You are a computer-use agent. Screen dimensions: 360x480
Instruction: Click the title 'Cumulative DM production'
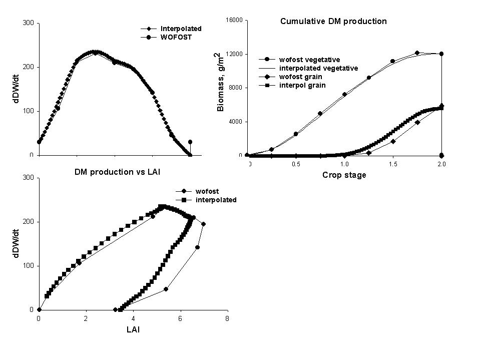click(x=333, y=22)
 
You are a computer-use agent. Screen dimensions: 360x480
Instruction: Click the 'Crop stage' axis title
click(x=344, y=175)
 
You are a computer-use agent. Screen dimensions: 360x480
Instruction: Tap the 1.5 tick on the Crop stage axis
click(x=392, y=164)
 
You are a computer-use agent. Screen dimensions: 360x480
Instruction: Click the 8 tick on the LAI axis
click(x=227, y=318)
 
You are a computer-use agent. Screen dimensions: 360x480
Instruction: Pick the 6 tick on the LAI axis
click(x=180, y=318)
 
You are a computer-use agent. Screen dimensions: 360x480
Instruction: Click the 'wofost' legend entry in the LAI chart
click(x=207, y=191)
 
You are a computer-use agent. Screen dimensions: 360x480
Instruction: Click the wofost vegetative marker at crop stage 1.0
click(x=344, y=94)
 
